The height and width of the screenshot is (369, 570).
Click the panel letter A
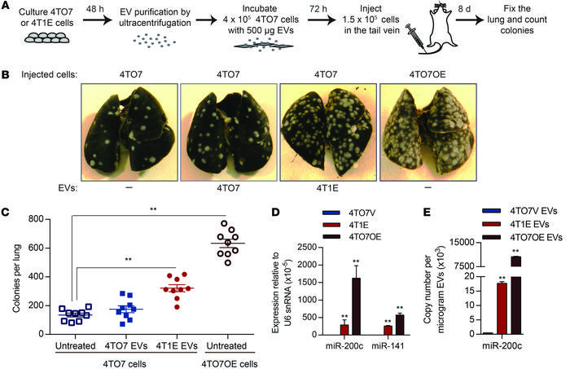[x=6, y=7]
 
